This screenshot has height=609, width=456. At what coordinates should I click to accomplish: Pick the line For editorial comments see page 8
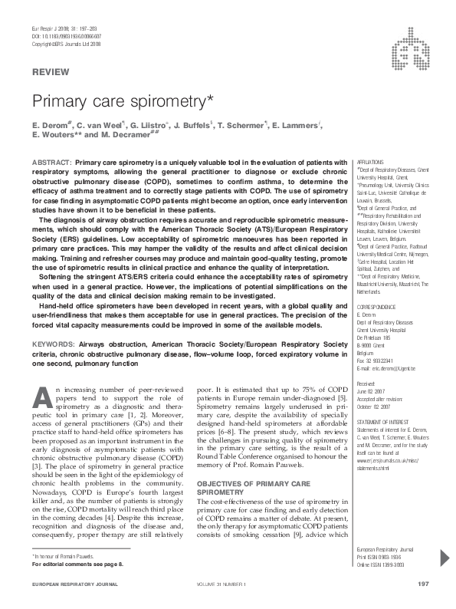tap(77, 564)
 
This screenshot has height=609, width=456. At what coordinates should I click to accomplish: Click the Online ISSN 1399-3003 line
tap(383, 565)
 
